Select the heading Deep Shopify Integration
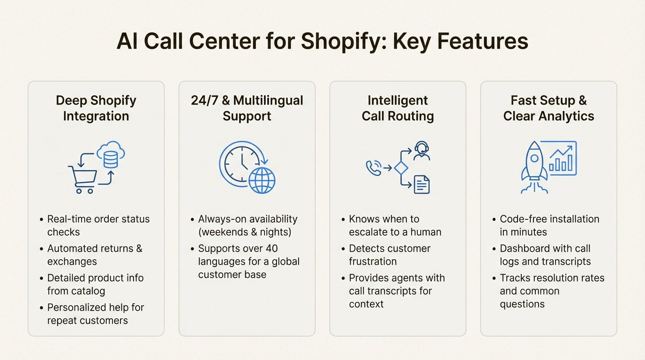tap(96, 108)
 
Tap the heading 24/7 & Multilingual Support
tap(247, 108)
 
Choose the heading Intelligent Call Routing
tap(397, 108)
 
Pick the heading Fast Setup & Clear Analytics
tap(548, 108)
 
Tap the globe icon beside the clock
tap(262, 180)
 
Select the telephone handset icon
tap(374, 168)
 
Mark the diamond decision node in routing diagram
tap(401, 168)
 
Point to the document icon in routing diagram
tap(422, 185)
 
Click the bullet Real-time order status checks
tap(98, 225)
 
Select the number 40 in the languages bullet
tap(272, 248)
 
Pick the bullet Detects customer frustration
tap(390, 255)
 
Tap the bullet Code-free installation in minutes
tap(549, 225)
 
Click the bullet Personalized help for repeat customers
tap(96, 314)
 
